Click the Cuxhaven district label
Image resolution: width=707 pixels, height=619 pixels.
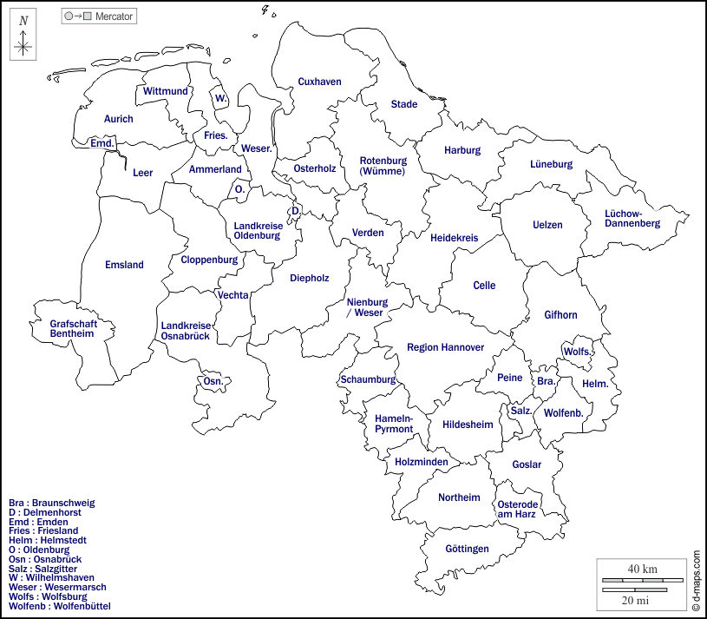point(319,82)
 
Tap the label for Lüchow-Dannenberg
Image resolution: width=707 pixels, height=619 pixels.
point(632,218)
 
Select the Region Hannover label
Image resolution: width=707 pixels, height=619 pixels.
point(445,347)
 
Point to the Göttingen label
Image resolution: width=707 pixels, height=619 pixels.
point(467,549)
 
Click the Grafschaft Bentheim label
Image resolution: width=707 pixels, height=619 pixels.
point(73,328)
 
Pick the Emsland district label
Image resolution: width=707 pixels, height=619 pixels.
point(124,265)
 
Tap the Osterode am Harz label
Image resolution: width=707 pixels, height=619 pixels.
point(518,509)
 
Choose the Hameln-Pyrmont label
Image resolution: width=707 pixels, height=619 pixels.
point(394,424)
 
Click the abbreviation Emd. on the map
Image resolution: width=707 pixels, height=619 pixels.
point(102,143)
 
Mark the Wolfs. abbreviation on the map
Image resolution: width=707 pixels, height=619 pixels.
point(578,352)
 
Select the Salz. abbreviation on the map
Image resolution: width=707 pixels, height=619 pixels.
point(521,411)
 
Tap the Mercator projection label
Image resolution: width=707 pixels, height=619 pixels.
point(114,16)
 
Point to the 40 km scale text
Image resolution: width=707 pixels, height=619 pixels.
point(642,569)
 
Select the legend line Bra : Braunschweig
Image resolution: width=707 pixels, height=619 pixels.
point(51,503)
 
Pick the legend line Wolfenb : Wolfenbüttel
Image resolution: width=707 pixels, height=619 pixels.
point(59,606)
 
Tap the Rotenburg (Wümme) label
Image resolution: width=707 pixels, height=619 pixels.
point(383,166)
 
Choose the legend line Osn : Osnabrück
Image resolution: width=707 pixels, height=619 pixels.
point(45,559)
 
